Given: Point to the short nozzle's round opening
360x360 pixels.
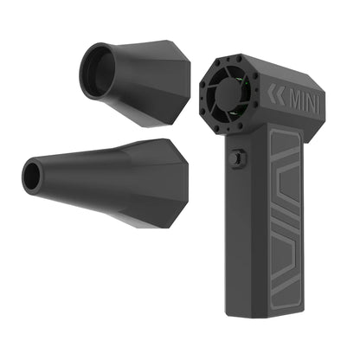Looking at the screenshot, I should point(96,67).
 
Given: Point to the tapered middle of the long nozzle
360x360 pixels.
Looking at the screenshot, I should point(95,177).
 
